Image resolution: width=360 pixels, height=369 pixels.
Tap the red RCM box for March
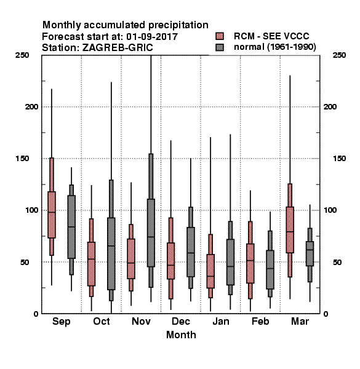(x=290, y=230)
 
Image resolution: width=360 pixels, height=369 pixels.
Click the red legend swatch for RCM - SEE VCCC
(x=220, y=36)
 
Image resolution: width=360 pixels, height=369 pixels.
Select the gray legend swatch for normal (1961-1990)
(x=220, y=47)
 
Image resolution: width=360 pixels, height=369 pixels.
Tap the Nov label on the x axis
(x=141, y=321)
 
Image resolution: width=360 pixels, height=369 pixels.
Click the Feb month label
(x=260, y=321)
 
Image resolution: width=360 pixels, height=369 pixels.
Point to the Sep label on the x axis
(x=61, y=322)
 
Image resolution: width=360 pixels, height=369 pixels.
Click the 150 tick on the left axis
(x=22, y=159)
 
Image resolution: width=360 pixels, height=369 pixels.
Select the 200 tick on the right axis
(x=330, y=106)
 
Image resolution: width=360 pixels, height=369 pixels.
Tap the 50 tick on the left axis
(x=24, y=262)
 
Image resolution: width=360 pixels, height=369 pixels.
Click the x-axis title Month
(x=181, y=335)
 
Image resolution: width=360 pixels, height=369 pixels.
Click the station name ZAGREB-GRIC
(x=118, y=48)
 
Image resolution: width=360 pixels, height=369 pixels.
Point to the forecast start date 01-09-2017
(x=152, y=37)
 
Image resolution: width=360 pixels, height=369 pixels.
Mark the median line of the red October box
(x=91, y=259)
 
